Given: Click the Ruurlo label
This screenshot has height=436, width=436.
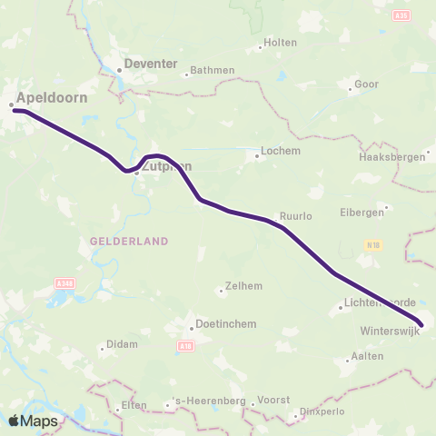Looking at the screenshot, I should point(296,217).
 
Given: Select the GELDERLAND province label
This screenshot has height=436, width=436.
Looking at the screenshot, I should point(129,241).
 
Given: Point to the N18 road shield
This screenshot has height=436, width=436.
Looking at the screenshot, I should point(372,245).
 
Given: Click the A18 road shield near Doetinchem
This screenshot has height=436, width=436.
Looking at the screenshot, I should point(186,345).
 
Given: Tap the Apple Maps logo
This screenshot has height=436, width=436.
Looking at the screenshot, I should point(34,421).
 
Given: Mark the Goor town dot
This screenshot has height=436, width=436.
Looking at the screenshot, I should point(351,89).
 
